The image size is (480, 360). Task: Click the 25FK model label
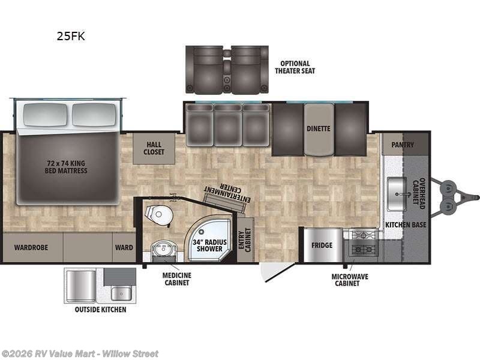(x=71, y=36)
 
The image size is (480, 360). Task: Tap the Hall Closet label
(x=154, y=148)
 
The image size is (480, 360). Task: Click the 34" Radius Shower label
(x=209, y=245)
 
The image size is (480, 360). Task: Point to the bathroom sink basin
(x=164, y=249)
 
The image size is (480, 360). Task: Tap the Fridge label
(x=322, y=245)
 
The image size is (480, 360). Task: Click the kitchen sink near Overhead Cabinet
(x=397, y=194)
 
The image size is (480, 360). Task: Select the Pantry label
(x=403, y=145)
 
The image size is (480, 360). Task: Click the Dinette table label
(x=319, y=128)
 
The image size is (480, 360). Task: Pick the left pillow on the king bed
(x=46, y=115)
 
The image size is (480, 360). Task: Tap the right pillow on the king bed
(x=94, y=115)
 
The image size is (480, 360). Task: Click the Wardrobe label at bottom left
(x=31, y=247)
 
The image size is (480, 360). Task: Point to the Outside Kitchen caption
(x=100, y=310)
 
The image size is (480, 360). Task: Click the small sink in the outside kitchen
(x=122, y=293)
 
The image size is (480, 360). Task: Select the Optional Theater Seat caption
(x=295, y=67)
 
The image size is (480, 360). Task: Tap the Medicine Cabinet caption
(x=176, y=279)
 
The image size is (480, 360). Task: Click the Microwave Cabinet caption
(x=350, y=280)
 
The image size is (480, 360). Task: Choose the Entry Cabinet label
(x=245, y=239)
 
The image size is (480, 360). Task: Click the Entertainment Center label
(x=227, y=193)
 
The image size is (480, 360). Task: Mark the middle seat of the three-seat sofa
(x=227, y=125)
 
